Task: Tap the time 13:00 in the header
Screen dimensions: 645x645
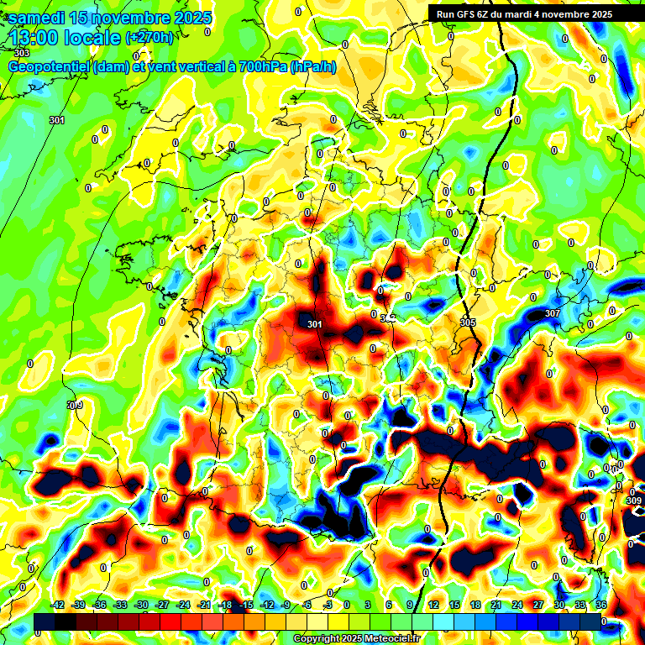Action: pyautogui.click(x=34, y=38)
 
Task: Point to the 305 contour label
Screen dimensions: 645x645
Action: pyautogui.click(x=468, y=322)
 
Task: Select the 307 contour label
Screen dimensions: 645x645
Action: pyautogui.click(x=552, y=313)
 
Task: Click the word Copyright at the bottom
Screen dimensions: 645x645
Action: pyautogui.click(x=318, y=639)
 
